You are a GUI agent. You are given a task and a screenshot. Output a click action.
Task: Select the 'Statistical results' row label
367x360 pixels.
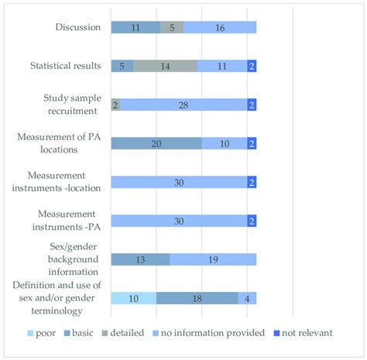coord(65,66)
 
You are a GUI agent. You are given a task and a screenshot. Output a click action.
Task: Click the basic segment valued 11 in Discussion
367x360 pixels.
coord(135,28)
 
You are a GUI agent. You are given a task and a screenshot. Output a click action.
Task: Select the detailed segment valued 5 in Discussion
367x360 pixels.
coord(172,28)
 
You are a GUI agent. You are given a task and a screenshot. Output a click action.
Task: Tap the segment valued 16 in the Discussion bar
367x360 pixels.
coord(220,28)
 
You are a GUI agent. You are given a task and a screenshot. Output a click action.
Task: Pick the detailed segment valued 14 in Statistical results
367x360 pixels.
coord(165,67)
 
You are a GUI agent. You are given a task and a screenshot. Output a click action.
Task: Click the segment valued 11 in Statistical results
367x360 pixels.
coord(222,67)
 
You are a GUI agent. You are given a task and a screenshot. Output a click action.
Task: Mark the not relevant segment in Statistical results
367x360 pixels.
coord(252,67)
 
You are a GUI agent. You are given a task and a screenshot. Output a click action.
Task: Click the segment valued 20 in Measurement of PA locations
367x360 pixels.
coord(156,143)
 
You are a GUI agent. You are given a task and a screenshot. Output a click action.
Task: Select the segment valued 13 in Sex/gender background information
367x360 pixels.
coord(140,259)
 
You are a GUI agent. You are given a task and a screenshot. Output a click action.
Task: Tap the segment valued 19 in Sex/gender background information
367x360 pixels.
coord(213,259)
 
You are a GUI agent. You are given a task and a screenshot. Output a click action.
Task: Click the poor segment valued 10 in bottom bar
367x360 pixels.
coord(133,298)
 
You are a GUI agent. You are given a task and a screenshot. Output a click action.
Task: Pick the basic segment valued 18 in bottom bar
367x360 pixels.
coord(197,298)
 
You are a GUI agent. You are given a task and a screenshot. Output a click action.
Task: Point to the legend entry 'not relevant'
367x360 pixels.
coord(303,333)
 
